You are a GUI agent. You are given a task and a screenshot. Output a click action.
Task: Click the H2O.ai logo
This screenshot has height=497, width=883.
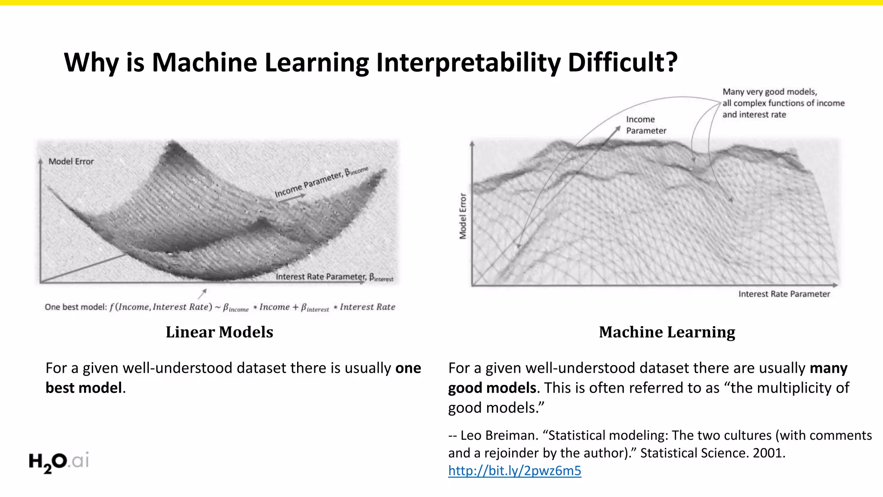59,462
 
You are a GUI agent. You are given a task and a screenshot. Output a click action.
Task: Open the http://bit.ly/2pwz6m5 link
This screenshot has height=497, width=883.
514,471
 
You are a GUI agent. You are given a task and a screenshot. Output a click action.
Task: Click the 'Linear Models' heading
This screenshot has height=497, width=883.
219,332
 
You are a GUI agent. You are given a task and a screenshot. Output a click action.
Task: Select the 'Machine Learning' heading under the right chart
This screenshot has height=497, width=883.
667,332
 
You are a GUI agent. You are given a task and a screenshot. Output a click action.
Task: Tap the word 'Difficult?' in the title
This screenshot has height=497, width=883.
623,62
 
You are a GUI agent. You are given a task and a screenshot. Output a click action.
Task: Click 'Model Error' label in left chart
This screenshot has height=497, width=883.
71,161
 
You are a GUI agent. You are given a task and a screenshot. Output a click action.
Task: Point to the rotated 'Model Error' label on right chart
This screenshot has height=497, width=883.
463,216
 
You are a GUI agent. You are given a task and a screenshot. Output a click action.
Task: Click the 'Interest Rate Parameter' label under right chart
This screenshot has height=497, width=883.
784,294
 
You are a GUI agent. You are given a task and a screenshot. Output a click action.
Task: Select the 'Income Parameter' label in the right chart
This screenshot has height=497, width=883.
645,125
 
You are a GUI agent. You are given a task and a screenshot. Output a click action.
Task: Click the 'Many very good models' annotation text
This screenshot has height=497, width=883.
770,92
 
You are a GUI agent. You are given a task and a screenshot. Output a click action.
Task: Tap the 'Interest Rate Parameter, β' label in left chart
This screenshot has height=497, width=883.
334,277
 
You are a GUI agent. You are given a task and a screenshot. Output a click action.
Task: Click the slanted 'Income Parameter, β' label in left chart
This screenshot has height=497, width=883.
321,182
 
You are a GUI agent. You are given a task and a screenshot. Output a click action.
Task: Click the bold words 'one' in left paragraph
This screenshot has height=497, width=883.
408,368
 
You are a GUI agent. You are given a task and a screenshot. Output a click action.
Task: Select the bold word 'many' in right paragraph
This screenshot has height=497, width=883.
828,368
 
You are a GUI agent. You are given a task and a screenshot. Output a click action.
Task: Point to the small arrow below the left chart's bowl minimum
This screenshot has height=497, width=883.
202,294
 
